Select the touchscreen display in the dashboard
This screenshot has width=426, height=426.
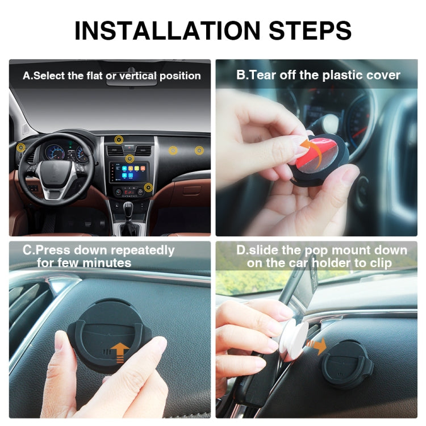pos(130,170)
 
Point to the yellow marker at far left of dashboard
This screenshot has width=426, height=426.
pos(21,148)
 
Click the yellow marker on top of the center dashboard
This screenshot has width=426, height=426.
pos(119,139)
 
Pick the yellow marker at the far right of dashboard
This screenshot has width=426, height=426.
pos(199,151)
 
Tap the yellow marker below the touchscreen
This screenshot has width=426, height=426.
pos(148,187)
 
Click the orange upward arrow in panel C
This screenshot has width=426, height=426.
pos(119,351)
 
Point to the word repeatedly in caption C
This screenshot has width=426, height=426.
pos(142,250)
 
